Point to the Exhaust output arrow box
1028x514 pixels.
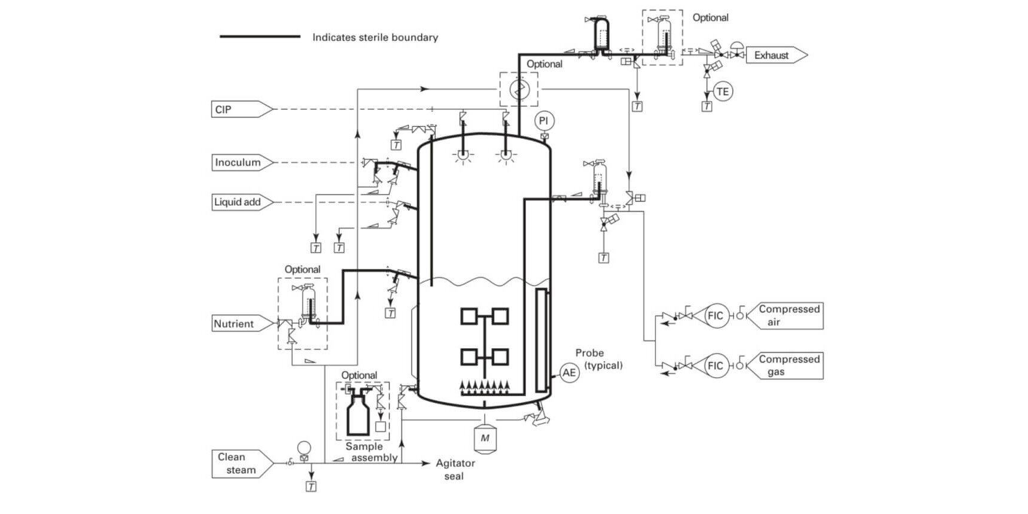coord(774,55)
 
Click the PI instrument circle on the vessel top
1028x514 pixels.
coord(543,121)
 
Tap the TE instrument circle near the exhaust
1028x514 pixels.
coord(723,92)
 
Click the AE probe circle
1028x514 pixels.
coord(569,373)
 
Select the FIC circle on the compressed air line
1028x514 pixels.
coord(716,315)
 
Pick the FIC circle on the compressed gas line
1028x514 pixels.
coord(716,366)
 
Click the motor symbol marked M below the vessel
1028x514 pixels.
coord(485,438)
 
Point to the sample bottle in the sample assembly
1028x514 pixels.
coord(359,413)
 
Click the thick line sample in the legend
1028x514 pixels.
coord(260,37)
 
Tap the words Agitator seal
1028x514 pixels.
coord(455,470)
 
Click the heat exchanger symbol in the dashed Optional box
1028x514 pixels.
coord(519,90)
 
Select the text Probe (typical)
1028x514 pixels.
coord(598,359)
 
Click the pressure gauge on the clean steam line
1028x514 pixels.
coord(304,448)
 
